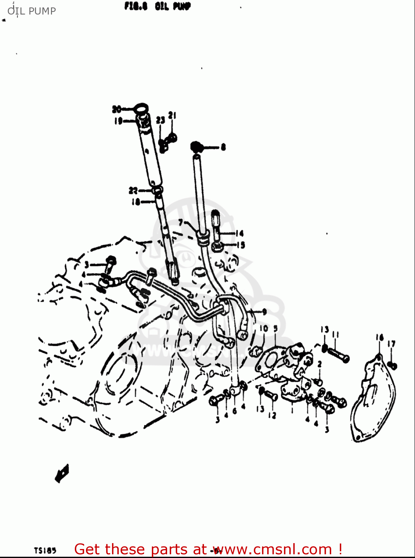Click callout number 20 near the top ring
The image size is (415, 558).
pos(116,109)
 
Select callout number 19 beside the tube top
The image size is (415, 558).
pos(118,121)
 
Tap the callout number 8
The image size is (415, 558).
pos(223,147)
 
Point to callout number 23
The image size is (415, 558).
pos(160,120)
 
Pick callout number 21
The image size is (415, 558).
pos(172,116)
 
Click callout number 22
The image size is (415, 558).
pos(133,191)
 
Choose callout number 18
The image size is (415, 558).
pos(135,202)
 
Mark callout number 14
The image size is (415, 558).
pos(239,233)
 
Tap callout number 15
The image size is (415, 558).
pos(241,245)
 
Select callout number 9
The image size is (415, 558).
pos(264,312)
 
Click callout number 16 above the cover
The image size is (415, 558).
pos(379,338)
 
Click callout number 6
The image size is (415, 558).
pos(234,411)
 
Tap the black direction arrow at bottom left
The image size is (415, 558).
pos(62,473)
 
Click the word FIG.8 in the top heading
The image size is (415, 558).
pos(136,7)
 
